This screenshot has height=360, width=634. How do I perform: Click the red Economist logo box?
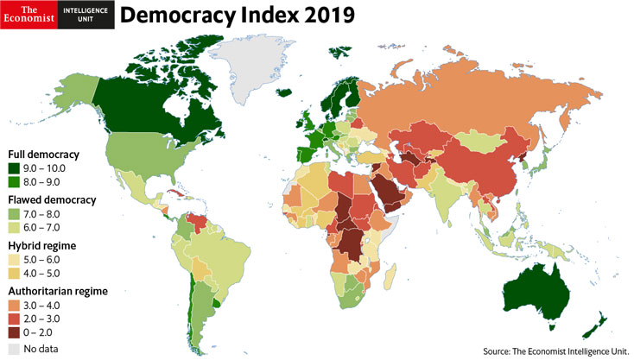click(29, 15)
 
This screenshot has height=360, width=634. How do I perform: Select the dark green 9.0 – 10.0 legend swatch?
click(14, 168)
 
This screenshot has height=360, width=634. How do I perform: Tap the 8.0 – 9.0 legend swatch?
click(14, 182)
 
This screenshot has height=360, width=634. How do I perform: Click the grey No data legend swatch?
click(14, 349)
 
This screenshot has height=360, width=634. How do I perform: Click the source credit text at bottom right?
click(555, 351)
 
